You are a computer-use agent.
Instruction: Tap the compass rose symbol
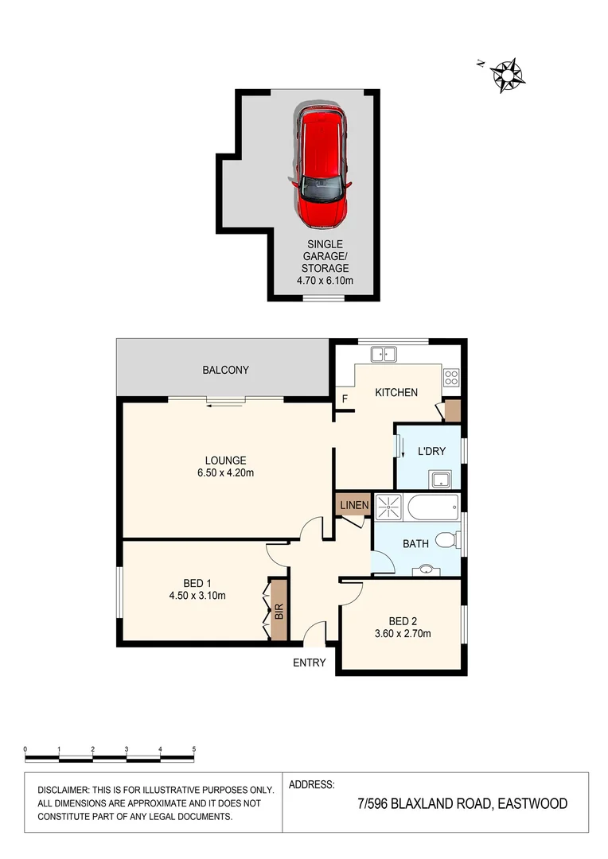coord(505,75)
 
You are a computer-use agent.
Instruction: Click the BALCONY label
coord(225,370)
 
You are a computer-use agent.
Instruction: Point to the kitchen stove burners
coord(451,376)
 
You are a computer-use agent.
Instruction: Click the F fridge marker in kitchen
coord(344,399)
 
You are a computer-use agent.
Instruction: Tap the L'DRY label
coord(430,452)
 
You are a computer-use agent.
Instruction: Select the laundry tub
coord(441,479)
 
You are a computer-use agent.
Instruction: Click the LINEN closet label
coord(354,506)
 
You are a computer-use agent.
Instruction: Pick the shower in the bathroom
coord(390,507)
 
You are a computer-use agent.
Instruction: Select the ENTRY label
coord(310,663)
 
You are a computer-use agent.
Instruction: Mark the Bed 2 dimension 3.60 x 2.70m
coord(403,634)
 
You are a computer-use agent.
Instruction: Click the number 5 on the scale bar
coord(194,749)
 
